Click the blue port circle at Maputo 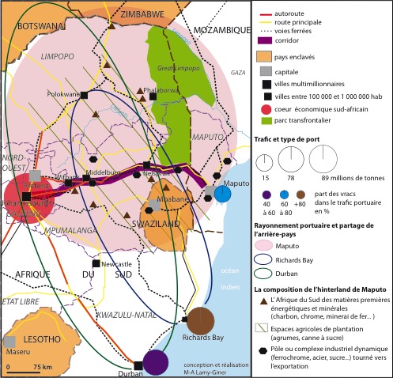point(223,194)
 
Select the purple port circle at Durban point(156,362)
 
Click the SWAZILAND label point(164,224)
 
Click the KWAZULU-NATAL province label point(123,316)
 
